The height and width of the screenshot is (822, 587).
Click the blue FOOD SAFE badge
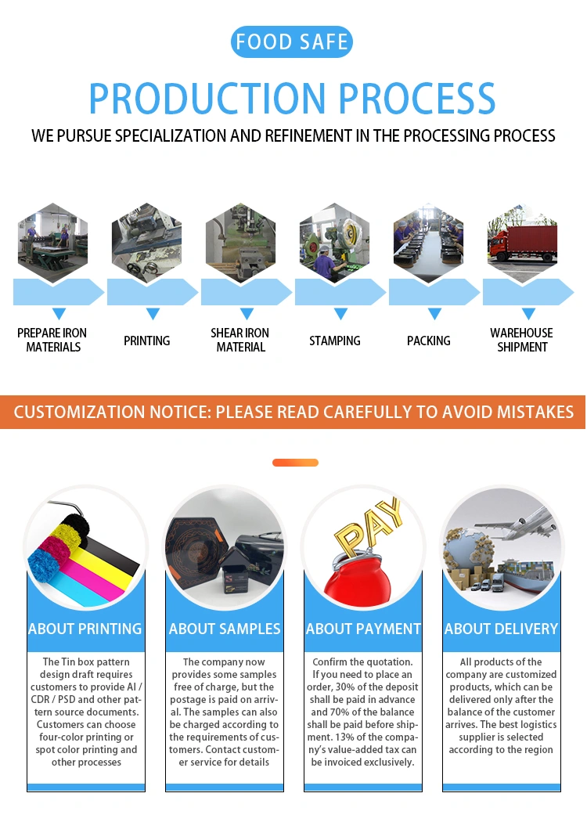(x=291, y=42)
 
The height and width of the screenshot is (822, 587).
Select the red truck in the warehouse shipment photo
(x=522, y=243)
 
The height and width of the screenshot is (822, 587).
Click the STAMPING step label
(x=335, y=341)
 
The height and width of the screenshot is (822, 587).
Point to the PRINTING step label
(x=147, y=341)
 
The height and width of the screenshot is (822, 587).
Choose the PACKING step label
(x=429, y=341)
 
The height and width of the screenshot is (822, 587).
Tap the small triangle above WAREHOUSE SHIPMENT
(x=528, y=313)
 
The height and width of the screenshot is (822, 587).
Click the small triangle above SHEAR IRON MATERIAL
(x=247, y=313)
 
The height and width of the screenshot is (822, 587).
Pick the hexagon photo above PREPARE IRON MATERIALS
(x=53, y=243)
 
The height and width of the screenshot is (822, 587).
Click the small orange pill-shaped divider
(x=295, y=463)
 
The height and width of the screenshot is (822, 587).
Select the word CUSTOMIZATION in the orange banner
(x=79, y=412)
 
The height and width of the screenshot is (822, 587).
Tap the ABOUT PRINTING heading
(x=85, y=629)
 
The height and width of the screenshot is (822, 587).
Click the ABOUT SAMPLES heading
(x=225, y=629)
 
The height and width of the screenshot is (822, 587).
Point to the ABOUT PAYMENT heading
(x=363, y=629)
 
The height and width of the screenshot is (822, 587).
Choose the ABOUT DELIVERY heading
(x=502, y=629)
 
